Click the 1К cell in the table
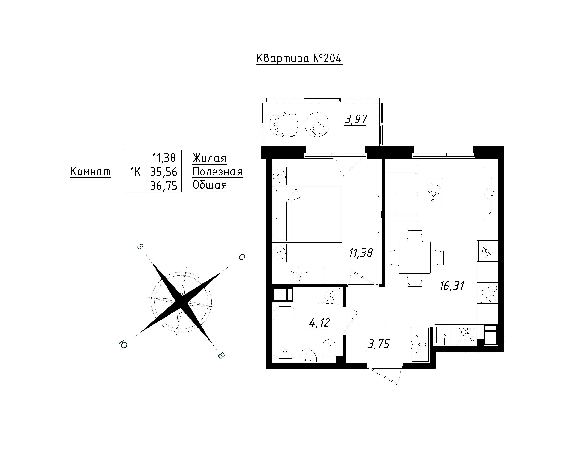135,172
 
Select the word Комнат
90,172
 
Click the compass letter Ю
123,344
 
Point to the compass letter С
242,257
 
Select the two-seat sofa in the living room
401,194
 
